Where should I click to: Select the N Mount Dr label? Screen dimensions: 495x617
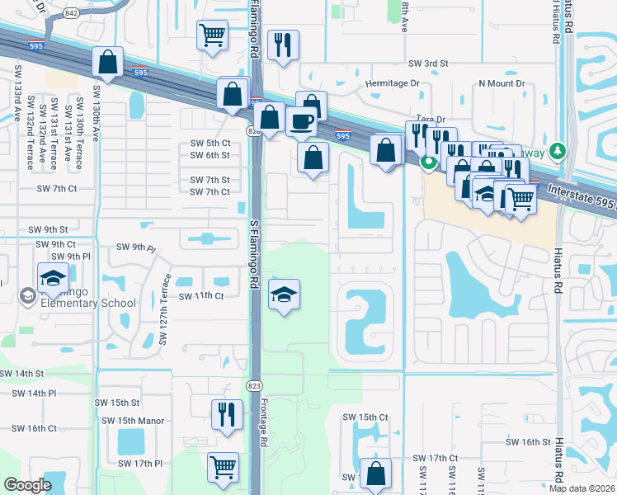[502, 83]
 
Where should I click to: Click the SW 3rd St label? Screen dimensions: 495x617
[427, 63]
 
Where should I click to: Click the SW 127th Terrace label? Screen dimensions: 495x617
[163, 309]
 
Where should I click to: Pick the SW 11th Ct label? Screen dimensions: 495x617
[201, 295]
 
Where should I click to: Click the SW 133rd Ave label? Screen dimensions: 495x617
[16, 101]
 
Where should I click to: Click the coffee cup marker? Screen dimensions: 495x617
[301, 121]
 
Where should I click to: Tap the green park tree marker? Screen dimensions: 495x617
[558, 151]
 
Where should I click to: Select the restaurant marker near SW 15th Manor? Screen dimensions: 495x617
[225, 414]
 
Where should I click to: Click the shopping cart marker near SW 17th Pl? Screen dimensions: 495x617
[223, 467]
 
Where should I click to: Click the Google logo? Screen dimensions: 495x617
[28, 484]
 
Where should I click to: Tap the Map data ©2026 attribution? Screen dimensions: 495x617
[582, 488]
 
